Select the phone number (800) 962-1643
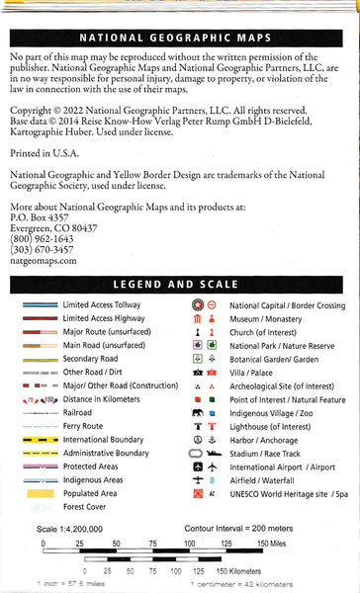(41, 212)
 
